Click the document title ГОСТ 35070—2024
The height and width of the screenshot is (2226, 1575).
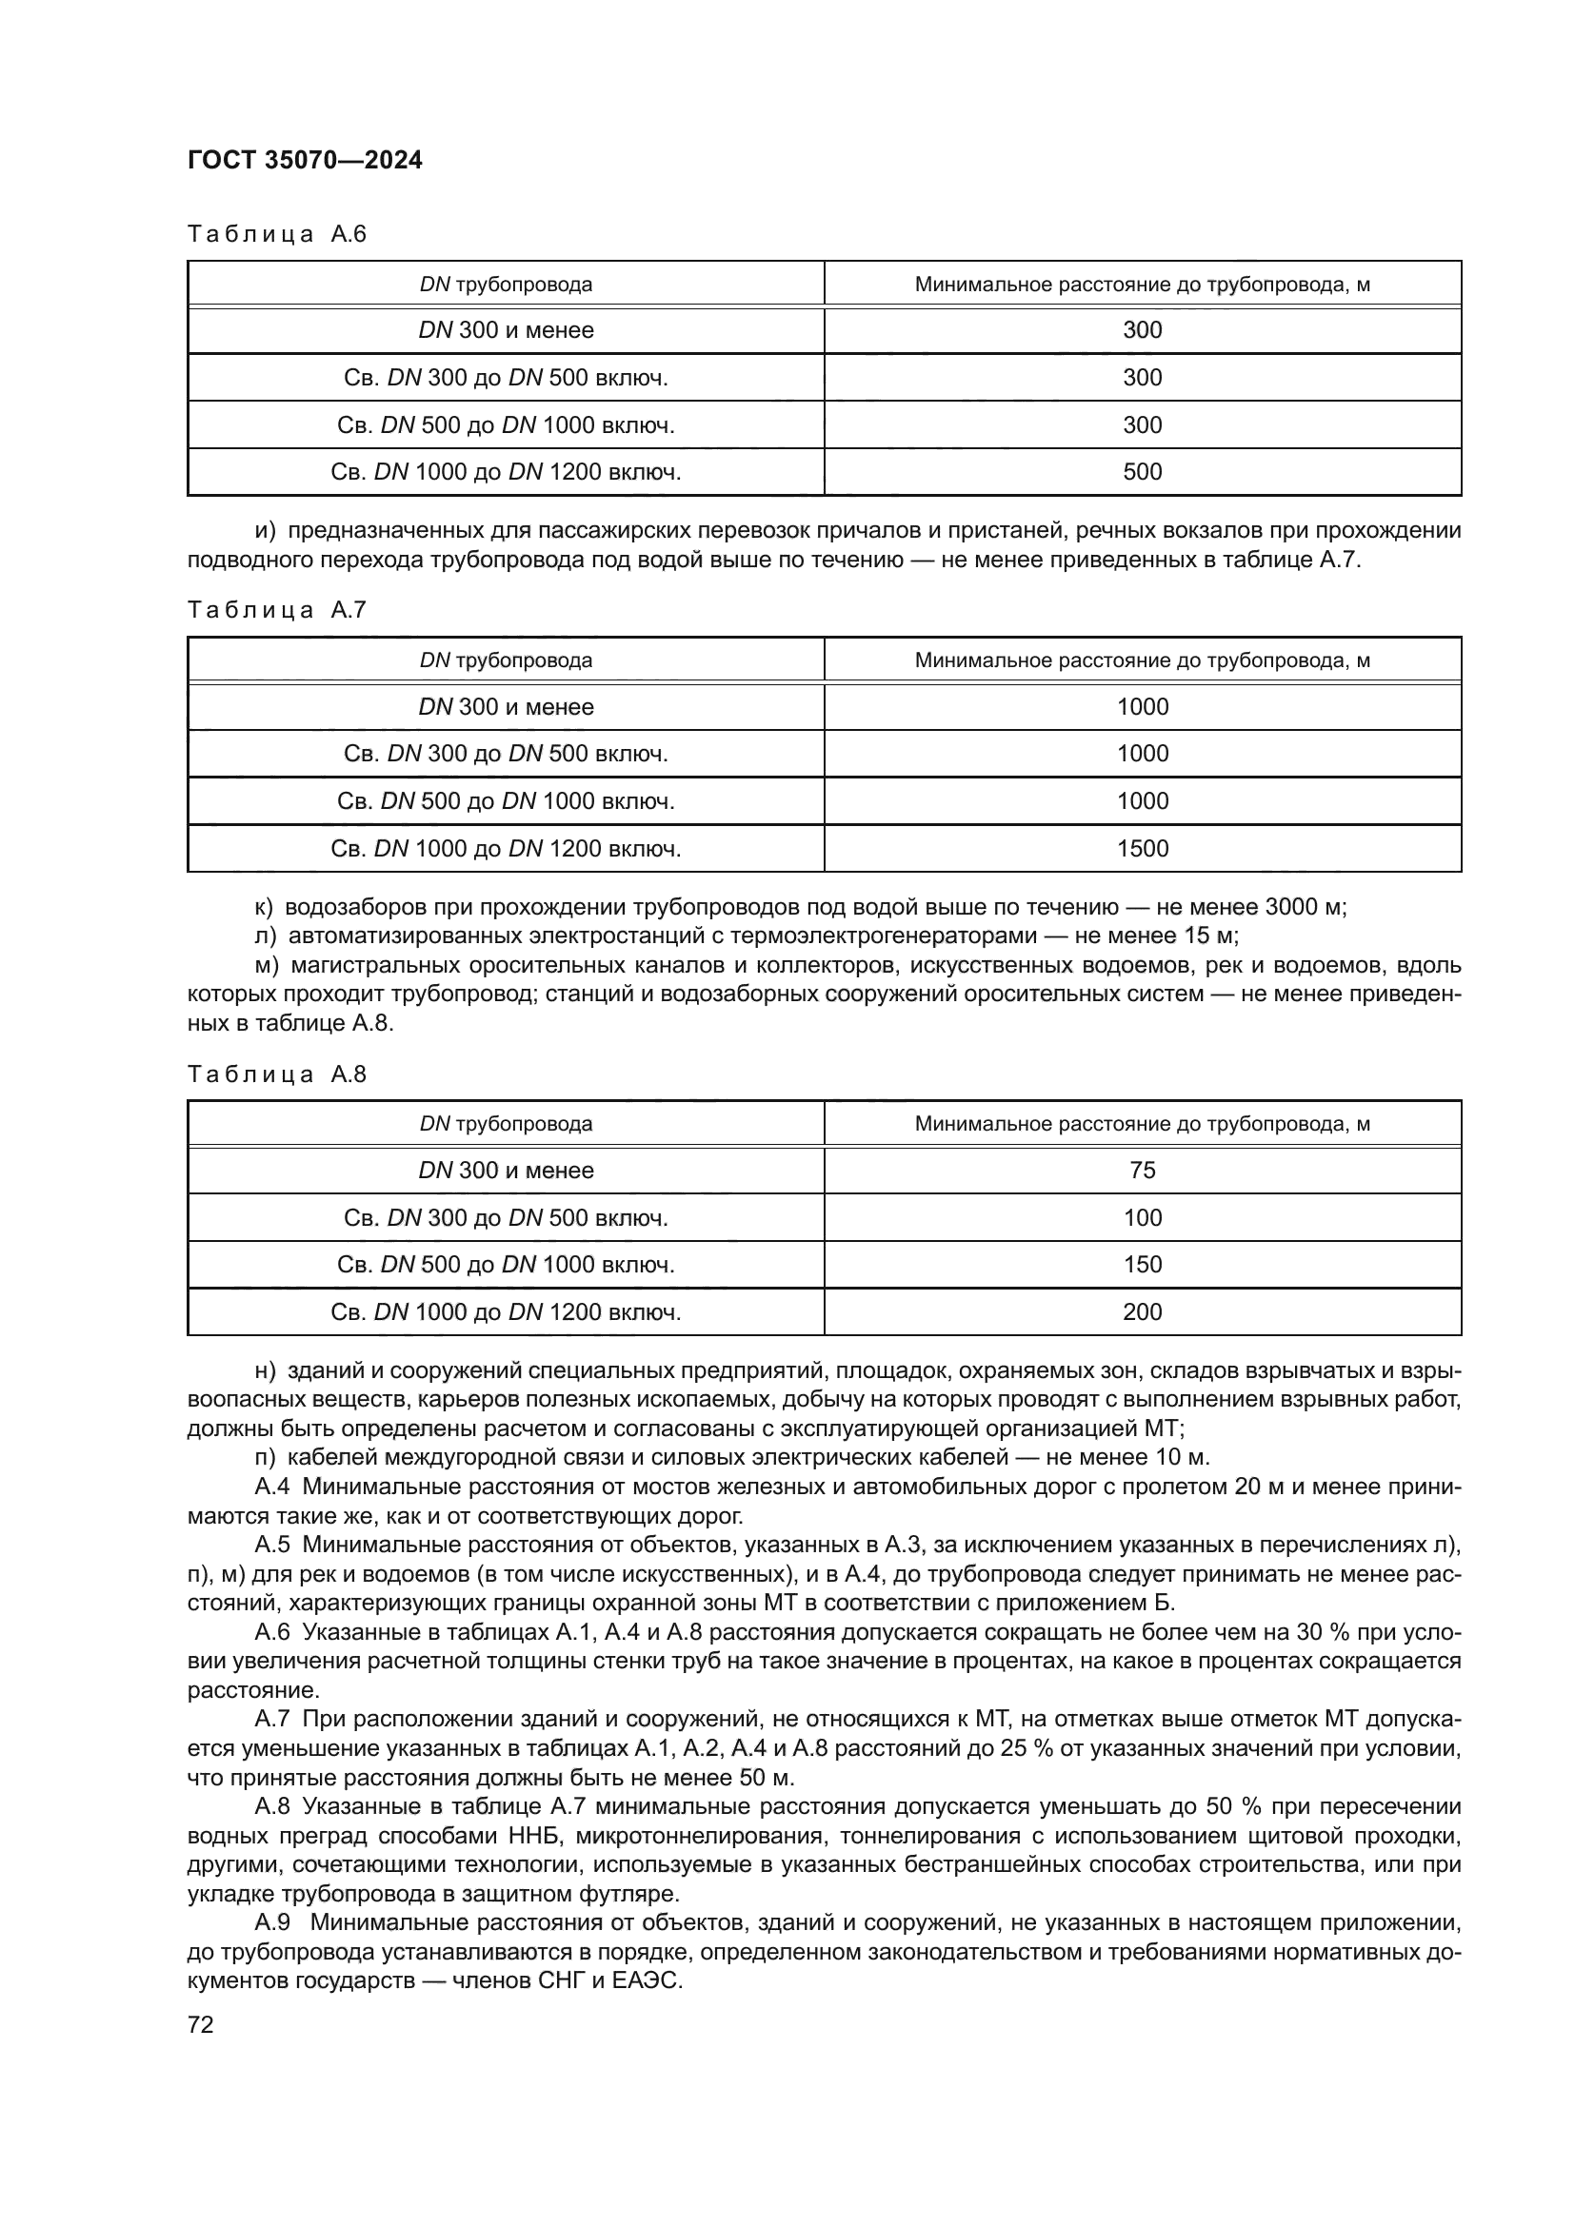[305, 161]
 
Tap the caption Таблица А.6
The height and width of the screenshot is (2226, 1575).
[276, 234]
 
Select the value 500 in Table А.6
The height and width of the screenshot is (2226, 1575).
[1142, 472]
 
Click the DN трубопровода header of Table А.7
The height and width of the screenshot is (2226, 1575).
[506, 660]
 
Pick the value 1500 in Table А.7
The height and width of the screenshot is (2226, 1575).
[1142, 848]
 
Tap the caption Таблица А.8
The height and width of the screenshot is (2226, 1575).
[276, 1074]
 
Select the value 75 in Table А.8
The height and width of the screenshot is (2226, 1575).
[1142, 1171]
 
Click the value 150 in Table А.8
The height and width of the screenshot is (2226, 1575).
[1142, 1264]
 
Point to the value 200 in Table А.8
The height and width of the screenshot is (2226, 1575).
[1142, 1311]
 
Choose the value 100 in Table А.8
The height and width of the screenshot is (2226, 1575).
[1142, 1218]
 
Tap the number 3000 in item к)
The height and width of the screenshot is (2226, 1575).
[1292, 908]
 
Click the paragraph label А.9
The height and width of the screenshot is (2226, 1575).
[270, 1922]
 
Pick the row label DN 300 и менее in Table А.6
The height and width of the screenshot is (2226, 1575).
[506, 329]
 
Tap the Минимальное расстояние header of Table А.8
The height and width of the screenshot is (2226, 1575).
[1142, 1124]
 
